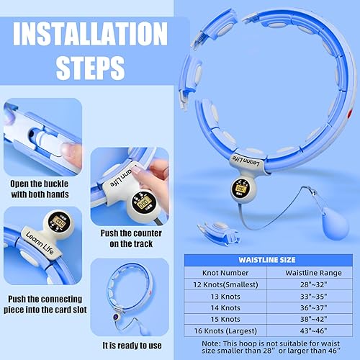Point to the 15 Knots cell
[221, 318]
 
